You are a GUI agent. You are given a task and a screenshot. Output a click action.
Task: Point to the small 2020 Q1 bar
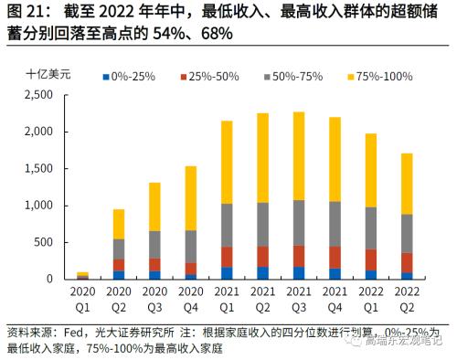point(82,274)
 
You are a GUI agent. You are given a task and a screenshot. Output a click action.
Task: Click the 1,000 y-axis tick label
point(42,206)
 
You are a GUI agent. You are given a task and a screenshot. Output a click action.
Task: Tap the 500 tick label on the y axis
point(48,242)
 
